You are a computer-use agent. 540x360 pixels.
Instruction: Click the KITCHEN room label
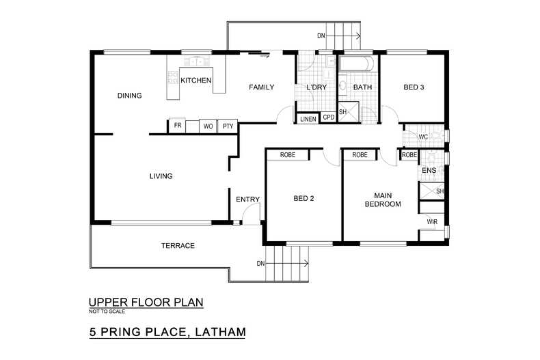click(195, 81)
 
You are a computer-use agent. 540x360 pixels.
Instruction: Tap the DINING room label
click(129, 96)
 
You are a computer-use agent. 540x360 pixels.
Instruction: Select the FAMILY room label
click(261, 87)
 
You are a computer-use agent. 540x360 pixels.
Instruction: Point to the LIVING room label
click(161, 176)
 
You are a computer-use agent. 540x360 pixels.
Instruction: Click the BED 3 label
click(414, 87)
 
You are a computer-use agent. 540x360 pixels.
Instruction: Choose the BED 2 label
click(303, 199)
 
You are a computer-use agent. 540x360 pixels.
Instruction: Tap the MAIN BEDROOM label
click(382, 199)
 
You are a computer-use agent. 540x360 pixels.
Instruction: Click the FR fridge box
click(178, 126)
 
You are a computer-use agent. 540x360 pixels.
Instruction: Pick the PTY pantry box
click(228, 126)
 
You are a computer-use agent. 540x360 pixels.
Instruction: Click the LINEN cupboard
click(308, 119)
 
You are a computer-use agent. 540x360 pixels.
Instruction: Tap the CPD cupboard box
click(329, 117)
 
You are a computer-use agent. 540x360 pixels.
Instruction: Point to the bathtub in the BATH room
click(357, 66)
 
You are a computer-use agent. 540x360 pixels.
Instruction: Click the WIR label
click(431, 223)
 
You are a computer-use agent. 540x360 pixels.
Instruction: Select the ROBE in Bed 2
click(287, 155)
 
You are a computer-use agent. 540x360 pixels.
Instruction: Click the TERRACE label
click(178, 246)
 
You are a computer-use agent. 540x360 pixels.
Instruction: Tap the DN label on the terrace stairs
click(260, 264)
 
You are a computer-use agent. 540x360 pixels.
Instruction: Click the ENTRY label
click(247, 199)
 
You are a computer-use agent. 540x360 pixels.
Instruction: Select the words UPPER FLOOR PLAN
click(146, 302)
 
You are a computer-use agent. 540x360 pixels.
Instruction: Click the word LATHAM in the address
click(214, 333)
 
